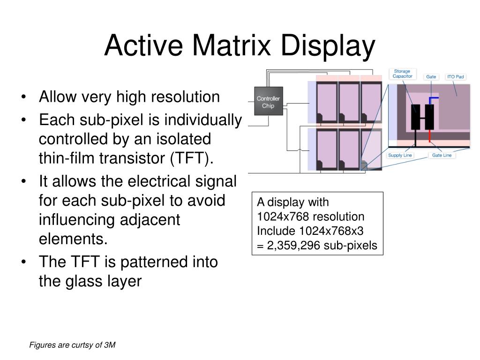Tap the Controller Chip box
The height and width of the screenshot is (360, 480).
coord(268,102)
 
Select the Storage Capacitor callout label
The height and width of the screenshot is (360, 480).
coord(402,74)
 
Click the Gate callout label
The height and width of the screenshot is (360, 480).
coord(431,76)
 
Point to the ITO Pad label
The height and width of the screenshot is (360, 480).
coord(455,76)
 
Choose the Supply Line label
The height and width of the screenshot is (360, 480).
coord(400,155)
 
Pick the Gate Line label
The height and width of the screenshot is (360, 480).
coord(442,155)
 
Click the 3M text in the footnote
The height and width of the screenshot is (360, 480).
coord(110,345)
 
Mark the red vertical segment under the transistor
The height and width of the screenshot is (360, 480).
coord(429,135)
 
